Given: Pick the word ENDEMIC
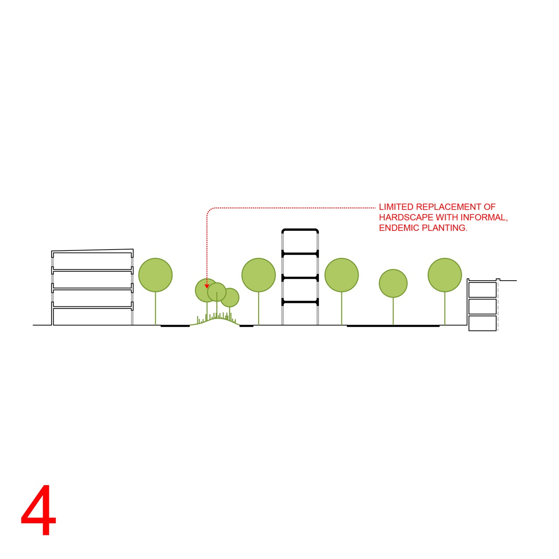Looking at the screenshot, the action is point(399,228).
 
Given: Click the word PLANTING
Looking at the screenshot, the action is point(445,228).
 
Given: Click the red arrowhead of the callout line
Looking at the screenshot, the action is point(207,286).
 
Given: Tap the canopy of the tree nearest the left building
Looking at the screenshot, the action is point(155,275).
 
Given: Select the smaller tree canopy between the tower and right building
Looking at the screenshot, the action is point(393,283).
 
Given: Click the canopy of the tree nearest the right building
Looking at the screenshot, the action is point(445,275).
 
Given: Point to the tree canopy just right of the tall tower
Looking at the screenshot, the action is point(342,275).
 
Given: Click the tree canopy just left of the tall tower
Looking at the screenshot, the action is point(259,275).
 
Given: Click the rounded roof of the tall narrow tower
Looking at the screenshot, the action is point(300,230).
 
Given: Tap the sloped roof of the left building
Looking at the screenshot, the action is point(92,250).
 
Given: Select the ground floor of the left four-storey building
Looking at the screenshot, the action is point(92,316).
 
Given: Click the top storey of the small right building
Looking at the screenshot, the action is point(483,289).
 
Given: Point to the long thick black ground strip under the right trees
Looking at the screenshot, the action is point(393,326).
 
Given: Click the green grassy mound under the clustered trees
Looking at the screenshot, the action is point(215,320).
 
